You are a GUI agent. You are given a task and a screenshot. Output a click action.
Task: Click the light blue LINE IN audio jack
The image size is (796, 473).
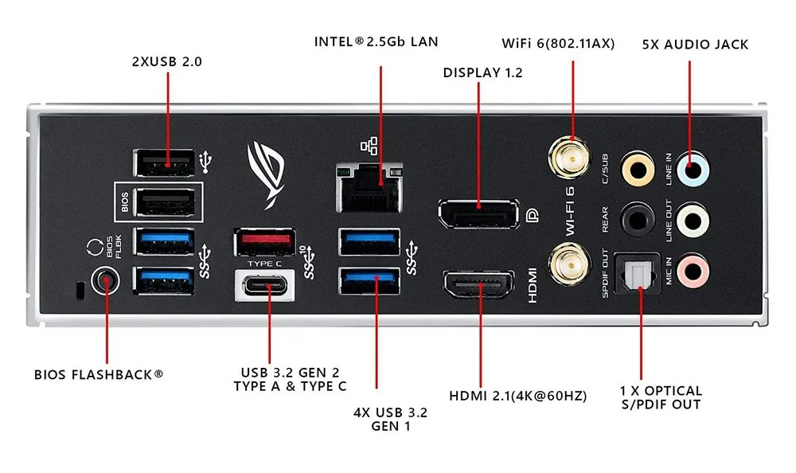tap(695, 168)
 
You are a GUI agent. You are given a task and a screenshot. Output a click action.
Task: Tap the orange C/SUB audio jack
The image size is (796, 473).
tap(636, 168)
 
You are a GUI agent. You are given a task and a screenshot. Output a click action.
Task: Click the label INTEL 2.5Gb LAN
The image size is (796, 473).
tap(377, 41)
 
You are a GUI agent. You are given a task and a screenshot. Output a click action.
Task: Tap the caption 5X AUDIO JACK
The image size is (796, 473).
tap(695, 45)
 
